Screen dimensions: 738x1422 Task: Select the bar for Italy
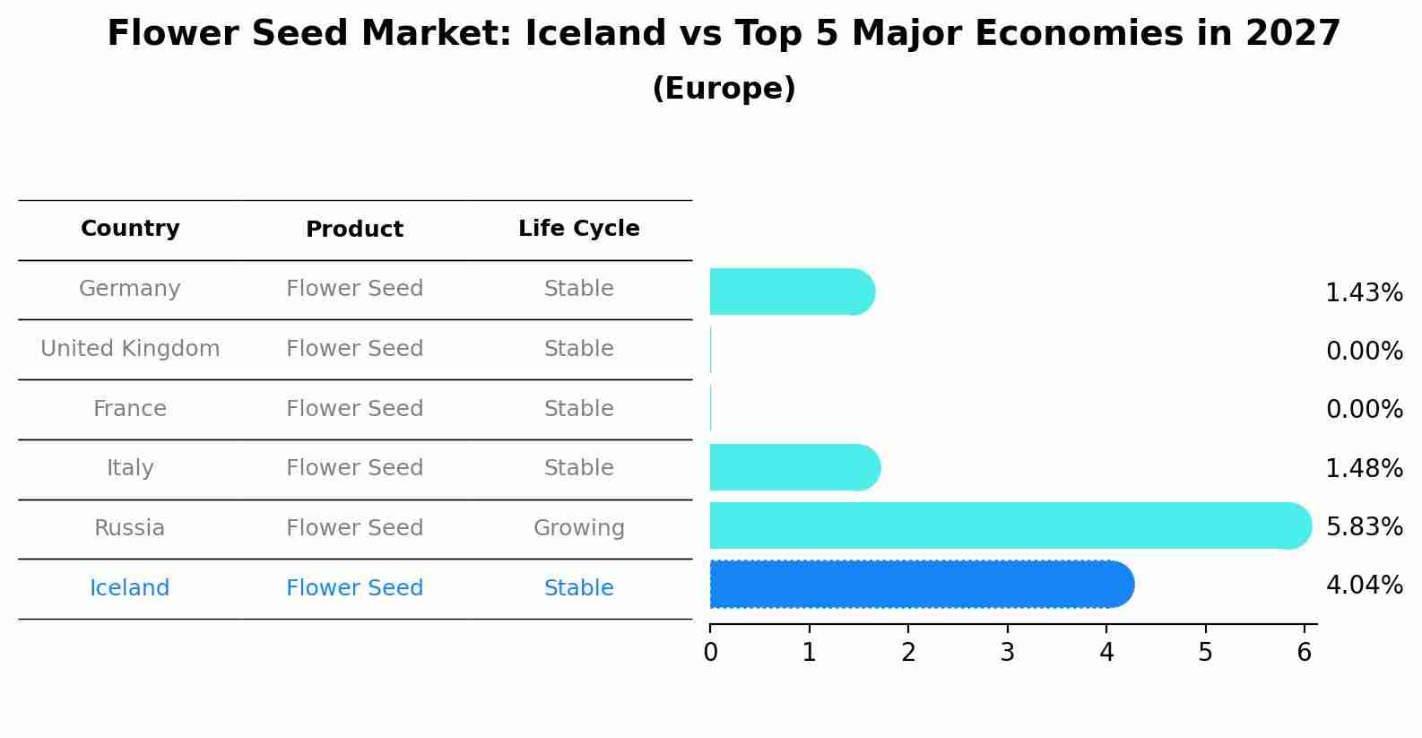point(794,467)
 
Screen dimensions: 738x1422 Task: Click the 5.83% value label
point(1364,526)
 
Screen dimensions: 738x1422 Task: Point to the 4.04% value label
point(1364,586)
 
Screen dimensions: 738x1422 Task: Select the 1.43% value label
point(1364,292)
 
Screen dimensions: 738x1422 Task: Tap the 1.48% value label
point(1364,468)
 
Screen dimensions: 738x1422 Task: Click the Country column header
point(130,229)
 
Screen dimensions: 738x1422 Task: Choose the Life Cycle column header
point(578,229)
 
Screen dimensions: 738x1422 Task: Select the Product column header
point(354,230)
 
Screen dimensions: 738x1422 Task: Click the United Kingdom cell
point(130,349)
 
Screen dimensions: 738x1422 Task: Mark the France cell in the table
point(130,409)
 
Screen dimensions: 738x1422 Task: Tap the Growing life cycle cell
point(578,528)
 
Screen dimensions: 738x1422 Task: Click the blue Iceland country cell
point(130,588)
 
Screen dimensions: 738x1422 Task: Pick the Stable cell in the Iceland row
point(578,588)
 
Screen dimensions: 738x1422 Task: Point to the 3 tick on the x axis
point(1008,652)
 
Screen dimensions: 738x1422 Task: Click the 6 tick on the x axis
point(1305,652)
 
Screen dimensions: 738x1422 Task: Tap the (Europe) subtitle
point(724,89)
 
